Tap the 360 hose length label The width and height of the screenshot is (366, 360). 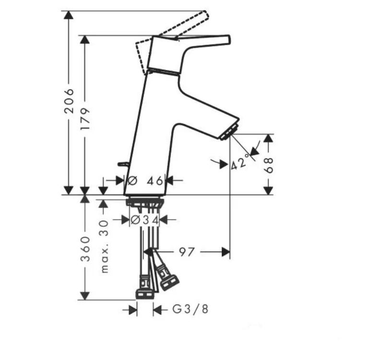coord(85,248)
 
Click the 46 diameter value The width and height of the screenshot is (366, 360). coord(154,181)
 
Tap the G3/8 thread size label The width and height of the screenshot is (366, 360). coord(190,310)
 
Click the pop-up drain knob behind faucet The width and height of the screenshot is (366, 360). coord(123,164)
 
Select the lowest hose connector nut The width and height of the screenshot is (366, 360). coord(144,293)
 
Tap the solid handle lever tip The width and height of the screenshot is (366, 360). coord(227,40)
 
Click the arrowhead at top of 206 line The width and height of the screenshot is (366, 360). coord(69,15)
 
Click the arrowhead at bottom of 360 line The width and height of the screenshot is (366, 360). coord(85,296)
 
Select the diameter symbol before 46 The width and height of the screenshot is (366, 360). coord(133,181)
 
